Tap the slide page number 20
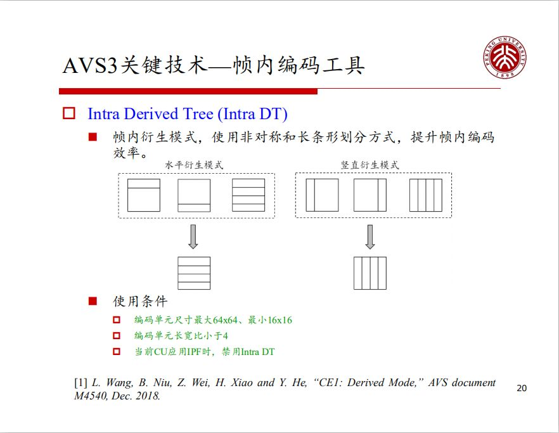522,388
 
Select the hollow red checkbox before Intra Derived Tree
69,114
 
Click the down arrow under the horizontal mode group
193,236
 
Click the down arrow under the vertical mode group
370,236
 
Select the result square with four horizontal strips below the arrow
194,273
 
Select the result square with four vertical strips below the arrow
370,273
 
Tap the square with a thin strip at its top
144,195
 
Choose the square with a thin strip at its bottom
194,195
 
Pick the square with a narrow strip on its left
322,195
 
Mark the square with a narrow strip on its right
370,195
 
